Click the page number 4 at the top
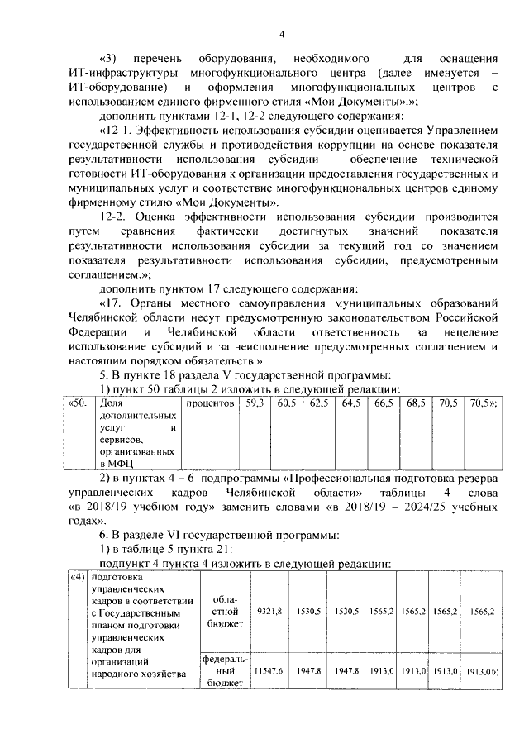281,34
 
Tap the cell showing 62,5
319,403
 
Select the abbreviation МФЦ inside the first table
114,464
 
